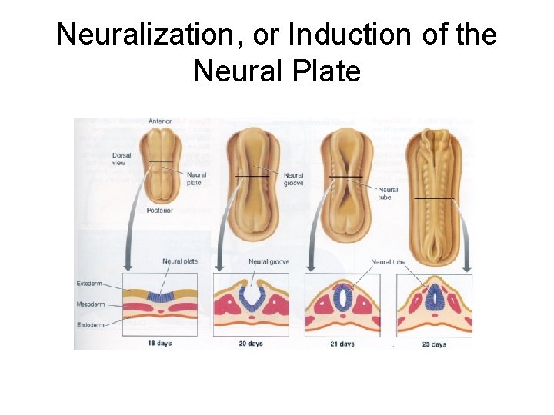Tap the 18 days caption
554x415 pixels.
coord(159,344)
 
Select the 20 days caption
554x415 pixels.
coord(250,344)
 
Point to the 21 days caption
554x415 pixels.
coord(342,344)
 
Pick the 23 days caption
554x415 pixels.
coord(433,344)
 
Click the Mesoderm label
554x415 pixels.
coord(89,304)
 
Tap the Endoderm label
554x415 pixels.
coord(89,324)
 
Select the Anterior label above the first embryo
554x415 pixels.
coord(160,121)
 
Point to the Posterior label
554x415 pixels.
coord(160,210)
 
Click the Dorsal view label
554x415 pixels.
coord(122,158)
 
